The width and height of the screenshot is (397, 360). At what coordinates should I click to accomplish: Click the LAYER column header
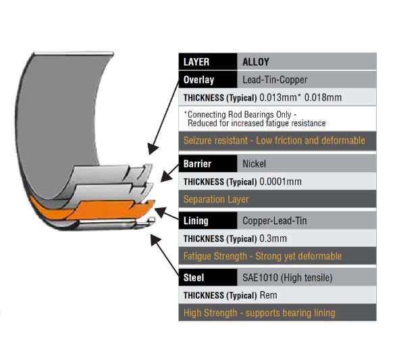click(x=196, y=62)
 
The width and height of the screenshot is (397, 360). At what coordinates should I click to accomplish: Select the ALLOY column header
click(x=256, y=62)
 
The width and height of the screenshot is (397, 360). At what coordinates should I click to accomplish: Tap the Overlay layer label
click(x=198, y=80)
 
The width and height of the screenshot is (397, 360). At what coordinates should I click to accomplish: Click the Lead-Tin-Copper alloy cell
click(x=275, y=80)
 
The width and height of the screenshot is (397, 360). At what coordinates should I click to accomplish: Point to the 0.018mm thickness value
click(x=323, y=97)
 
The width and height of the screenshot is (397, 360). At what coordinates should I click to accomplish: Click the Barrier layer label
click(x=197, y=163)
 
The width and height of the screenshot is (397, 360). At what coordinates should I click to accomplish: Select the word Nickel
click(x=254, y=163)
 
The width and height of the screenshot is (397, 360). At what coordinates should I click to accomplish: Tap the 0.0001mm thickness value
click(x=281, y=182)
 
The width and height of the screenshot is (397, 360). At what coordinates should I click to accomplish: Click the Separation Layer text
click(x=216, y=199)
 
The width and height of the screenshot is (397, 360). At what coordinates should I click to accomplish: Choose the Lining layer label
click(x=196, y=221)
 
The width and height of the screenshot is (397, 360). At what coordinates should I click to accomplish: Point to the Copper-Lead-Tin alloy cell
click(x=275, y=221)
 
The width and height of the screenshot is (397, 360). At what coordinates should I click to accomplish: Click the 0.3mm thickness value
click(x=273, y=238)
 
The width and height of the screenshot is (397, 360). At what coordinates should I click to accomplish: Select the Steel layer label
click(x=193, y=278)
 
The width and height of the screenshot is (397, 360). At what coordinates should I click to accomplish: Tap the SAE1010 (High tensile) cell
click(x=288, y=278)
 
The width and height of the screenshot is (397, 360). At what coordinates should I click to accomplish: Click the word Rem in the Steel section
click(x=269, y=295)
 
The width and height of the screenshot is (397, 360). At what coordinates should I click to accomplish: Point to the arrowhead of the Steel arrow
click(x=155, y=239)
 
